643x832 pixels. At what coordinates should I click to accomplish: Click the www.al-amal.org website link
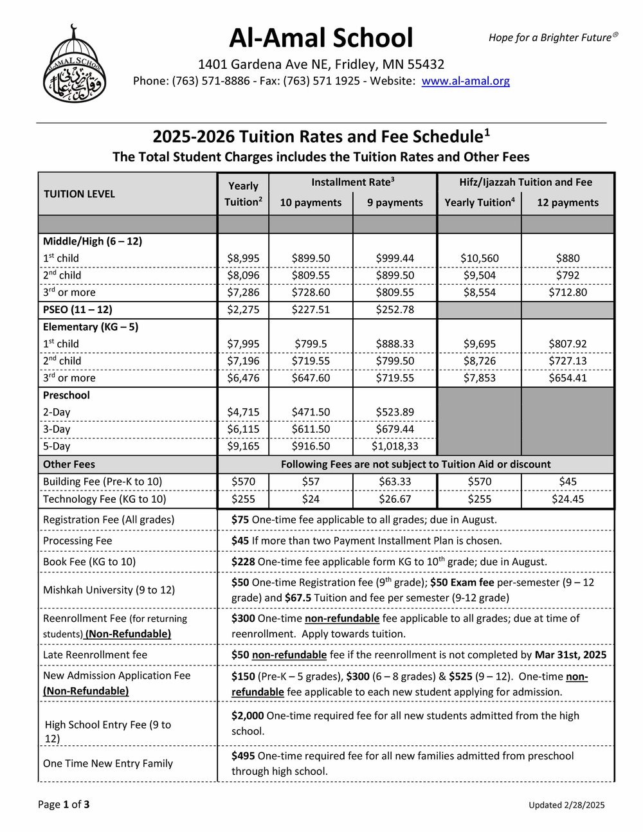466,81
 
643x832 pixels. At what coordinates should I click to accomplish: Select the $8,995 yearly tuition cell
243,258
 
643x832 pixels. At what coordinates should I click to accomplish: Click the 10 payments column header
311,203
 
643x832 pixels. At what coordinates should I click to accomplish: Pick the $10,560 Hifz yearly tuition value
479,258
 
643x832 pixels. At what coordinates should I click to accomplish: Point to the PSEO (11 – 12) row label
77,309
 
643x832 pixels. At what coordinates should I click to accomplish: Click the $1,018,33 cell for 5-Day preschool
395,446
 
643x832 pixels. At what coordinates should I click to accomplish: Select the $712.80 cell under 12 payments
568,292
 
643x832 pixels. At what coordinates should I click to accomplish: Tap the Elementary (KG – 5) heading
91,327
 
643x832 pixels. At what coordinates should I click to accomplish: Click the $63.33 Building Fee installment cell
395,482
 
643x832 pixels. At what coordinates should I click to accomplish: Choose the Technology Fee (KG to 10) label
104,499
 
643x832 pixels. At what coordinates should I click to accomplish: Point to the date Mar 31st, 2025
570,655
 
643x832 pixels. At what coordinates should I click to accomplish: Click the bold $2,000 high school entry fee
248,716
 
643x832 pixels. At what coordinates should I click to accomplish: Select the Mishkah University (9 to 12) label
109,590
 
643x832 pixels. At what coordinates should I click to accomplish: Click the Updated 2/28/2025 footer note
566,805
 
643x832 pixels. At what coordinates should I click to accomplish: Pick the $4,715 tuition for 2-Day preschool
243,412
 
